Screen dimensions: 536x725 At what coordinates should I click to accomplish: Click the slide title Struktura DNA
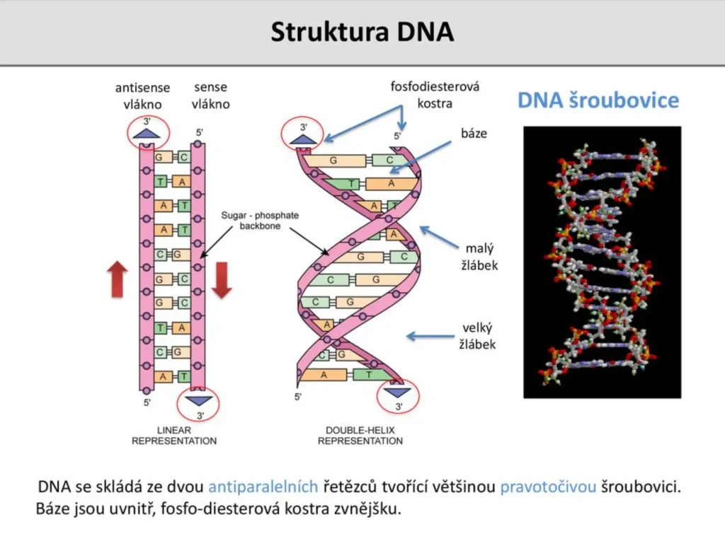click(x=362, y=33)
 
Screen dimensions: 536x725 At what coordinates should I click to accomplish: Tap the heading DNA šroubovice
click(x=598, y=100)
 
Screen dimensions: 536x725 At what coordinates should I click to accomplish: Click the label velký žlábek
click(x=478, y=336)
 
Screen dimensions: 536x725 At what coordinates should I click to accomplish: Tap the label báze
click(x=474, y=132)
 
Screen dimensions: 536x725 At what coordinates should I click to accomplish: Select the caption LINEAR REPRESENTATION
click(x=174, y=435)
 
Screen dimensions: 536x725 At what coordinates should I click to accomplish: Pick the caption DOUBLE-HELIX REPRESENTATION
click(x=360, y=435)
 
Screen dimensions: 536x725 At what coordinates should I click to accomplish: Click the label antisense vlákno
click(x=142, y=95)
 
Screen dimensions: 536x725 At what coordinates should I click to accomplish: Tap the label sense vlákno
click(x=210, y=95)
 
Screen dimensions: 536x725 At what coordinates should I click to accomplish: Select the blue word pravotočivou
click(x=549, y=488)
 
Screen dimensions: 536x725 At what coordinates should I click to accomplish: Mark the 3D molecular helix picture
click(x=602, y=262)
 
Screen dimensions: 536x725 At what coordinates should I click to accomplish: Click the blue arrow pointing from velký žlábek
click(x=429, y=337)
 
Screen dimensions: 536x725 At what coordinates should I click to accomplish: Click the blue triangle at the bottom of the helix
click(x=397, y=392)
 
